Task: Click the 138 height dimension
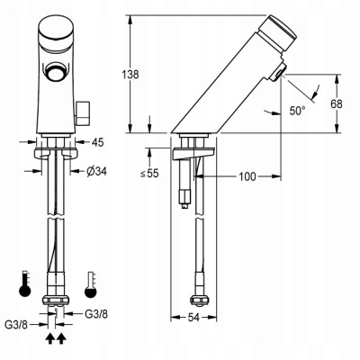(x=130, y=75)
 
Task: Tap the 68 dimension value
(x=337, y=104)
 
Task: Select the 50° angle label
(x=297, y=111)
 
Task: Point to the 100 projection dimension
(x=247, y=176)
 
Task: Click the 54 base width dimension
(x=193, y=318)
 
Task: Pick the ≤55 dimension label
(x=149, y=174)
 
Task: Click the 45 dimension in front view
(x=97, y=142)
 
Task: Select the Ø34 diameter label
(x=96, y=171)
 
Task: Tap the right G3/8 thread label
(x=96, y=314)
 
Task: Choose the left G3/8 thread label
(x=16, y=325)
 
